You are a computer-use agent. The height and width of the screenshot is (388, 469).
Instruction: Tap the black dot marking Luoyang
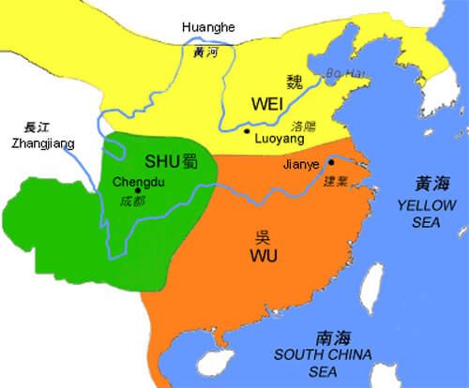(x=246, y=132)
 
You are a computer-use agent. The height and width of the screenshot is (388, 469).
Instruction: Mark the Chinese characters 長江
(x=46, y=130)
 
